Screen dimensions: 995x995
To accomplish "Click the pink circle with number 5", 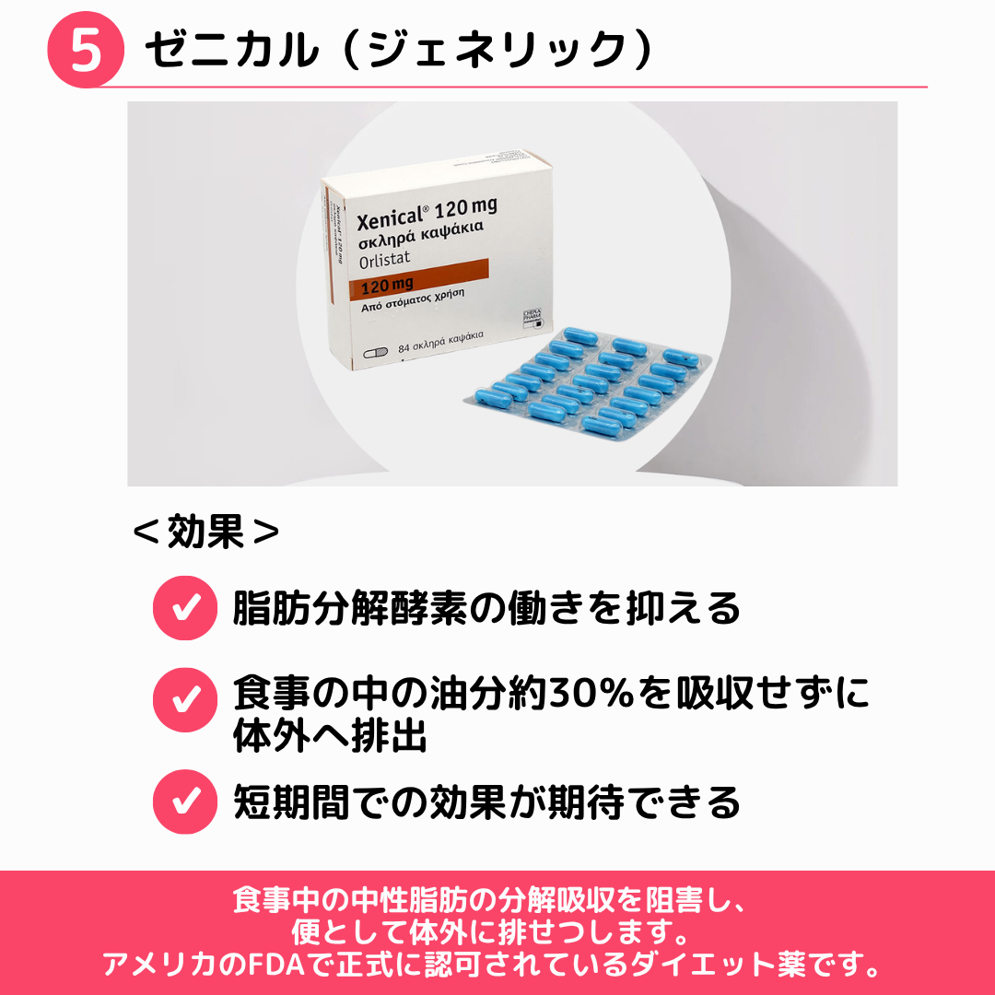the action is pyautogui.click(x=86, y=50).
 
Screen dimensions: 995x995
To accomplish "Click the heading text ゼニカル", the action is pyautogui.click(x=232, y=50).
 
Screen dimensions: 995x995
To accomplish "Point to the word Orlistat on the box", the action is pyautogui.click(x=384, y=259).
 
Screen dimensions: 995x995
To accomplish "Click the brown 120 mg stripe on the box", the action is pyautogui.click(x=419, y=280).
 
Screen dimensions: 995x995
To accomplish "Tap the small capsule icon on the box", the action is pyautogui.click(x=375, y=352).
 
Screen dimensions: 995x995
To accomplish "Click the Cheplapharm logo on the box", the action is pyautogui.click(x=532, y=319).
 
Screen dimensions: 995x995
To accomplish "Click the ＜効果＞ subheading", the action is pyautogui.click(x=205, y=532).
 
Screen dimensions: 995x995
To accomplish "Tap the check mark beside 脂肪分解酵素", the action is pyautogui.click(x=185, y=608).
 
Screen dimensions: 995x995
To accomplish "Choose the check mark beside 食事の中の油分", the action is pyautogui.click(x=185, y=700).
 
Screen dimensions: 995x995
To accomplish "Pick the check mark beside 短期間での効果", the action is pyautogui.click(x=185, y=802).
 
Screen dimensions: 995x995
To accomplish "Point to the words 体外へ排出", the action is pyautogui.click(x=330, y=736).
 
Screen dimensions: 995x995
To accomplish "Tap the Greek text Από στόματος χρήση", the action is pyautogui.click(x=413, y=298).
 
